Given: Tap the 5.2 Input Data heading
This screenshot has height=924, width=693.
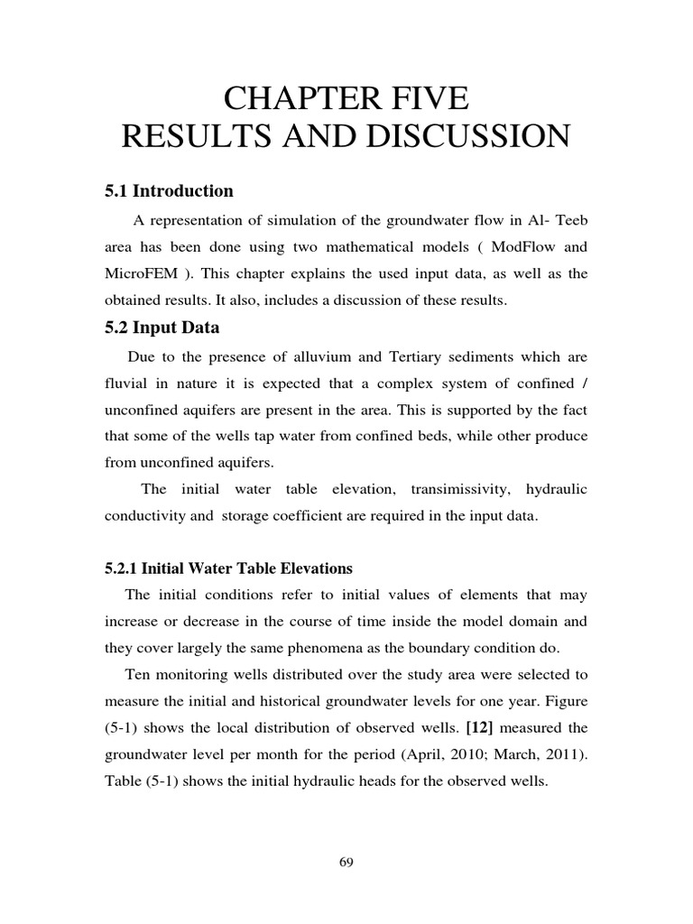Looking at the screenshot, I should [x=163, y=328].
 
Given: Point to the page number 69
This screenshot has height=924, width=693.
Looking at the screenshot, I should [x=346, y=863].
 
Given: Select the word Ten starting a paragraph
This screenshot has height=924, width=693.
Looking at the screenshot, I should [x=139, y=674].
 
